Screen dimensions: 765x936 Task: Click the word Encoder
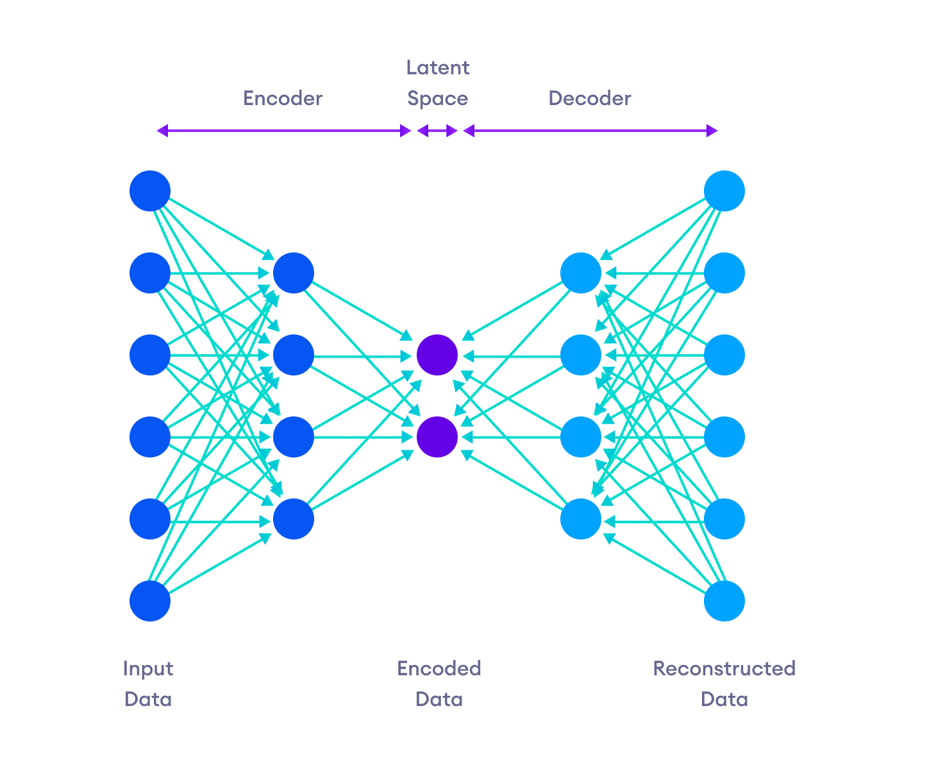click(x=282, y=98)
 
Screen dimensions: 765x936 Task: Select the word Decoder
click(x=590, y=98)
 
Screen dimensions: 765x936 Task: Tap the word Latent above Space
click(x=438, y=67)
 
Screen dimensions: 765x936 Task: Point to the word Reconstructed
click(x=724, y=668)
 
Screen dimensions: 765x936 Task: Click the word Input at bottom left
click(x=148, y=668)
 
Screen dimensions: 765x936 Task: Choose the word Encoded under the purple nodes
click(x=439, y=668)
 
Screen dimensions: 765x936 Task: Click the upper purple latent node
click(x=437, y=354)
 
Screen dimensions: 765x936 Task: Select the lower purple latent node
click(x=437, y=437)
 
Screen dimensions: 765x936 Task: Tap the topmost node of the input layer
click(x=150, y=190)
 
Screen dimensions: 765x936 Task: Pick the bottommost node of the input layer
click(x=150, y=601)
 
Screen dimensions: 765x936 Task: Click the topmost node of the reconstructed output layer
click(x=724, y=190)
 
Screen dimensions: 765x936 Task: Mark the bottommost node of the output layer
click(x=724, y=601)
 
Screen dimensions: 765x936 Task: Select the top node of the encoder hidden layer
click(x=294, y=273)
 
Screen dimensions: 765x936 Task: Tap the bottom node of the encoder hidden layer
click(x=294, y=519)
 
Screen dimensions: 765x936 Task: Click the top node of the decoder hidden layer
click(x=581, y=273)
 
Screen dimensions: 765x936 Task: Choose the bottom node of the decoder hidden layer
click(x=581, y=519)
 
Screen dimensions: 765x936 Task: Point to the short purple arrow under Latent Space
click(x=437, y=131)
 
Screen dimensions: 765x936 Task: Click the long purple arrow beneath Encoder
click(x=283, y=131)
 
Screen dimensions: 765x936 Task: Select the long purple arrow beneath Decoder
click(x=590, y=131)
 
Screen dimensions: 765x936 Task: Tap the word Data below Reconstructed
click(x=724, y=699)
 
